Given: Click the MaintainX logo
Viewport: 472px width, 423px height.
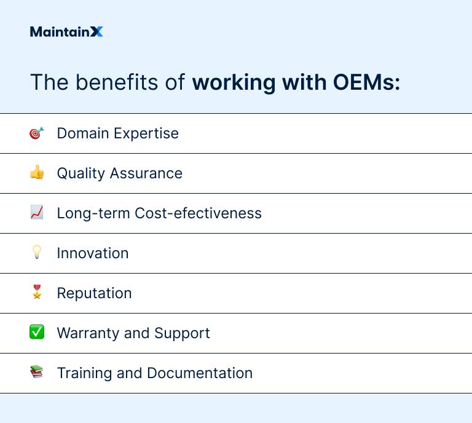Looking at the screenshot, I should tap(66, 32).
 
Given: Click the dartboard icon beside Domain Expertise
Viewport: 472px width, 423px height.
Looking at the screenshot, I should tap(37, 133).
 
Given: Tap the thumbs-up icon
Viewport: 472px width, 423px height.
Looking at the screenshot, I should tap(37, 173).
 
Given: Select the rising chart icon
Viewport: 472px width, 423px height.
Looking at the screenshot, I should tap(37, 213).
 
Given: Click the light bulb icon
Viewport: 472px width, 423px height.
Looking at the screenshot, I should tap(37, 253).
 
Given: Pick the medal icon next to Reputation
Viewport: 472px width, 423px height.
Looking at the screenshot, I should tap(37, 293).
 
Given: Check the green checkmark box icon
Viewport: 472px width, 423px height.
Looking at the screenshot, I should tap(37, 333).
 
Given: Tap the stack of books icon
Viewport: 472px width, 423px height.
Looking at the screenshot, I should tap(37, 373).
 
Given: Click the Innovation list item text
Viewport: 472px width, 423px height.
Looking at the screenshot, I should tap(93, 253).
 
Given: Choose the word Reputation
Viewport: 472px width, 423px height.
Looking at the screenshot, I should tap(94, 293).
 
